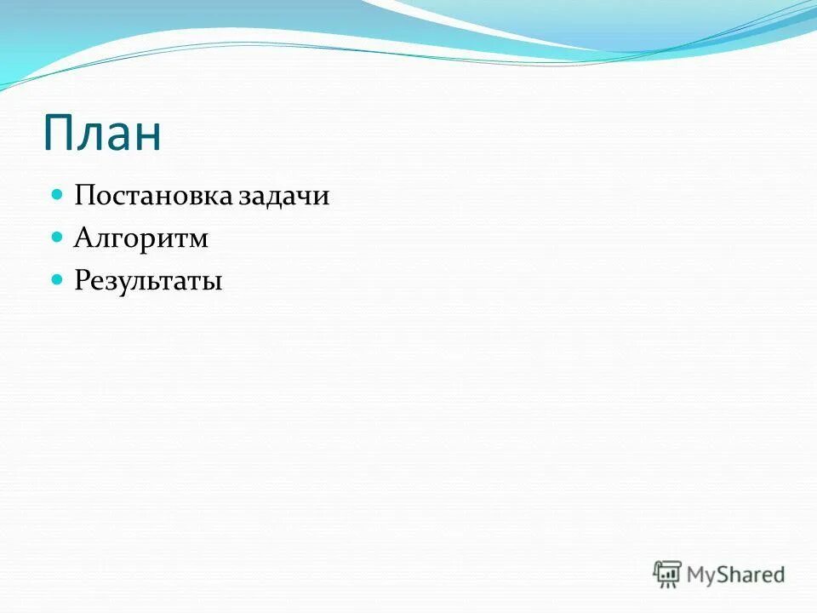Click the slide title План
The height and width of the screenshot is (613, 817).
click(102, 134)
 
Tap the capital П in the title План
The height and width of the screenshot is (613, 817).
click(60, 134)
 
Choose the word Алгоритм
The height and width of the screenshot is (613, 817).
click(141, 239)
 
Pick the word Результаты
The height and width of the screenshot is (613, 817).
click(148, 281)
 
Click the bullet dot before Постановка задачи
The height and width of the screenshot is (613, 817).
click(58, 195)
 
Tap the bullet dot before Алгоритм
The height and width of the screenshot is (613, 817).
click(58, 237)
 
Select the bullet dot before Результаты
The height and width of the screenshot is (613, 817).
click(58, 278)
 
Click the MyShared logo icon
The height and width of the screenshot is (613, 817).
click(668, 574)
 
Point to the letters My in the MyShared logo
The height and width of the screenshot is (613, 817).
click(701, 576)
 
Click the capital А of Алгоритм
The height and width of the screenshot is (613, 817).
click(83, 238)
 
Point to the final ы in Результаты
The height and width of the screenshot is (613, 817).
click(213, 283)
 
